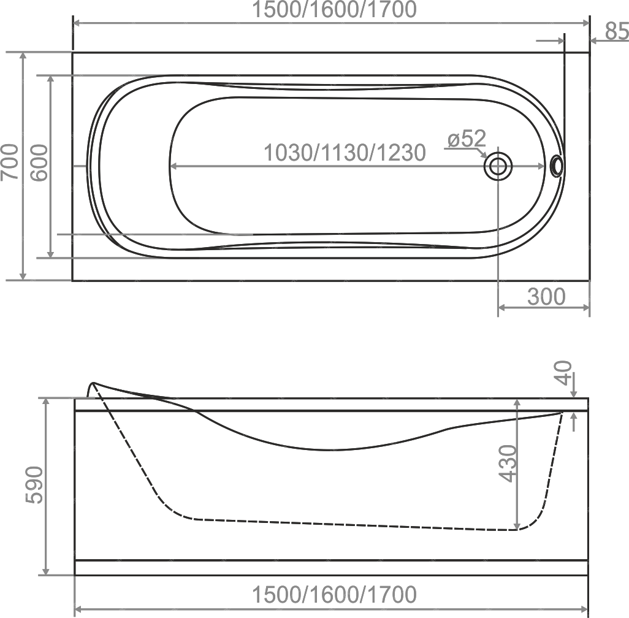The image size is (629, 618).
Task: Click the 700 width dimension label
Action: click(x=10, y=162)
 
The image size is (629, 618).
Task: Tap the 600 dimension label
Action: click(x=39, y=163)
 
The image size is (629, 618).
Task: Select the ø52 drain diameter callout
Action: click(x=467, y=139)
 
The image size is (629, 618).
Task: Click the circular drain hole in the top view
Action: click(x=498, y=167)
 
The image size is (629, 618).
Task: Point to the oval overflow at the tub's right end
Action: click(x=557, y=166)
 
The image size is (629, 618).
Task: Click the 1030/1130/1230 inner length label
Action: click(x=345, y=153)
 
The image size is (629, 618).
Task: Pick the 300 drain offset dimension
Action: click(x=546, y=297)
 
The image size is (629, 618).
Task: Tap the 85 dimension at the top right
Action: click(x=617, y=31)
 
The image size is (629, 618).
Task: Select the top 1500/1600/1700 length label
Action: click(x=334, y=10)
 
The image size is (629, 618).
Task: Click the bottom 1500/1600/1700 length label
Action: click(x=334, y=594)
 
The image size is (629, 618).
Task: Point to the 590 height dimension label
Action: click(x=34, y=485)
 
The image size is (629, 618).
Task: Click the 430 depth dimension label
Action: click(x=508, y=463)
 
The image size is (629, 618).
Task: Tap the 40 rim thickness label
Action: click(x=564, y=373)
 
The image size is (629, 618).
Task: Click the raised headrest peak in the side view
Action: click(x=93, y=383)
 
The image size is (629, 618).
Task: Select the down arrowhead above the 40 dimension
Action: click(x=574, y=392)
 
